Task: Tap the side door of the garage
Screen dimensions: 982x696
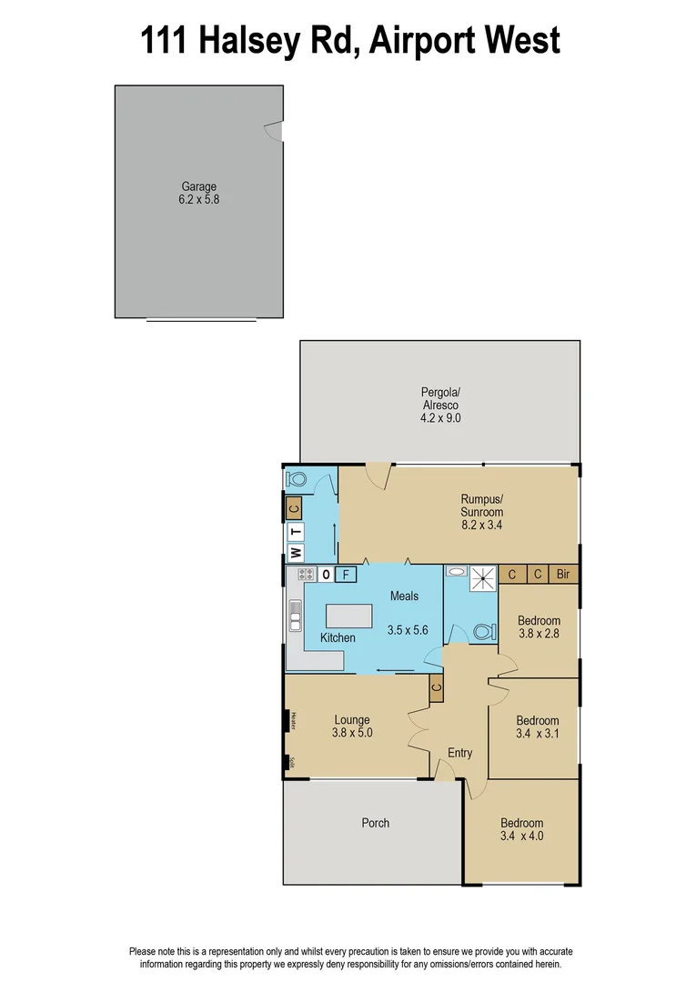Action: tap(274, 133)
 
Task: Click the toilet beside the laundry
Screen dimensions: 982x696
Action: tap(298, 478)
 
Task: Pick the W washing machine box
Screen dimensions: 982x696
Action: tap(295, 552)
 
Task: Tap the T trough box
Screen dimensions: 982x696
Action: tap(295, 532)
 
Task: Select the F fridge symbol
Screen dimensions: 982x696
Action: tap(346, 574)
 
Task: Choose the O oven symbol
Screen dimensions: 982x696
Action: tap(325, 574)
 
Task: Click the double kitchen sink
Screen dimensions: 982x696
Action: tap(295, 616)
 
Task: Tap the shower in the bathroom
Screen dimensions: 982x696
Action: tap(483, 575)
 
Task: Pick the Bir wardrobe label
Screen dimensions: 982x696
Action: tap(563, 574)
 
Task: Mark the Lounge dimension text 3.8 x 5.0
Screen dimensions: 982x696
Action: tap(351, 732)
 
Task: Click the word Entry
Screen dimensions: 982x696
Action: tap(459, 752)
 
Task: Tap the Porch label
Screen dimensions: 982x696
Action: tap(375, 822)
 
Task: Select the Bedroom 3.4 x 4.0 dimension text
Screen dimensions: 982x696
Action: tap(521, 836)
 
